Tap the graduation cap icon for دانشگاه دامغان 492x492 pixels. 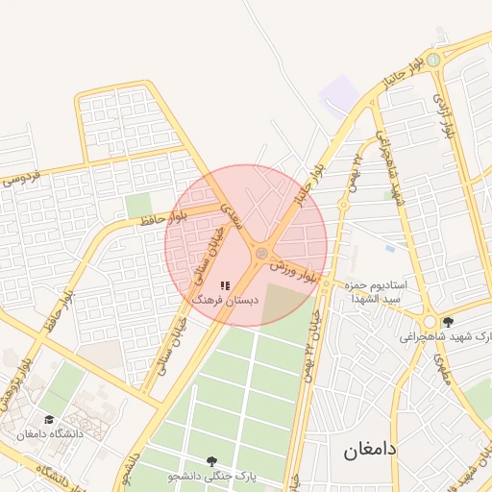tap(49, 419)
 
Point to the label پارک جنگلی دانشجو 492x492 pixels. tap(212, 476)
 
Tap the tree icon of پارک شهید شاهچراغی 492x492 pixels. tap(447, 322)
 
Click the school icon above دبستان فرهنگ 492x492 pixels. tap(225, 285)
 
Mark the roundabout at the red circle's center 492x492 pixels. tap(260, 253)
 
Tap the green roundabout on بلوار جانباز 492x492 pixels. tap(434, 60)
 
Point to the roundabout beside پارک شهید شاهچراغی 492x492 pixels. tap(429, 321)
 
